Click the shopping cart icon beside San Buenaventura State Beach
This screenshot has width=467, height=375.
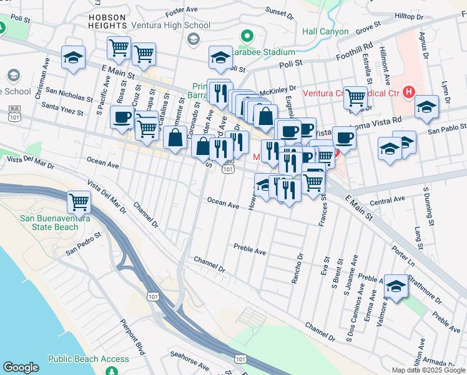click(x=79, y=201)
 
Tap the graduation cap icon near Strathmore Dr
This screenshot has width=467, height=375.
click(x=396, y=286)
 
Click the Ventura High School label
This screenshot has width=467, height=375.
click(x=170, y=25)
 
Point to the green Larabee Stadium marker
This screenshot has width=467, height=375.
click(x=247, y=37)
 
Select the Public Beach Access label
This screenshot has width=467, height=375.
click(x=88, y=359)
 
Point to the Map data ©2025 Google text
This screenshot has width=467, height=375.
click(x=428, y=370)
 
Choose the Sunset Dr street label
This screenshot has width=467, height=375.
click(x=279, y=11)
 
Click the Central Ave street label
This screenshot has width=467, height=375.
click(x=387, y=201)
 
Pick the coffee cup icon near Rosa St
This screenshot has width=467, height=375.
click(x=122, y=117)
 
